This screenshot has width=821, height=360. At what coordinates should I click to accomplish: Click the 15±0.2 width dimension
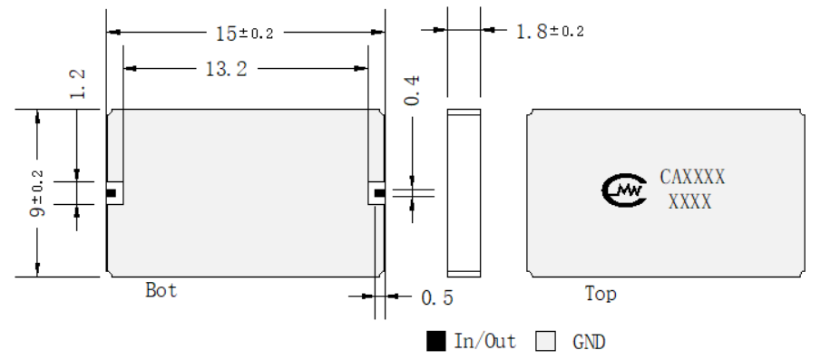(x=245, y=34)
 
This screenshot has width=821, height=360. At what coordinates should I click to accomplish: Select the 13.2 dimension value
(x=226, y=69)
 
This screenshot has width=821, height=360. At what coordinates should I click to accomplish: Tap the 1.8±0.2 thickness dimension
(x=550, y=32)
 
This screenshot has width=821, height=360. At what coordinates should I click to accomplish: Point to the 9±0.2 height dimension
(x=37, y=193)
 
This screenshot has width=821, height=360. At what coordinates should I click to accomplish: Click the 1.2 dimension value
(x=77, y=83)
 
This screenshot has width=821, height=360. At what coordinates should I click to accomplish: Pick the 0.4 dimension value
(x=412, y=91)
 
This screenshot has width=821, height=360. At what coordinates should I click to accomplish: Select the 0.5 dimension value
(x=437, y=297)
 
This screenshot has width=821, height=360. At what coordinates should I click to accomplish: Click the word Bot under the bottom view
(x=161, y=290)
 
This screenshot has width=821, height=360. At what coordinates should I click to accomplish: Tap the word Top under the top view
(x=601, y=294)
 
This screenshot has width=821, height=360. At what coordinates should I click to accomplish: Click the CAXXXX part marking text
(x=692, y=177)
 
